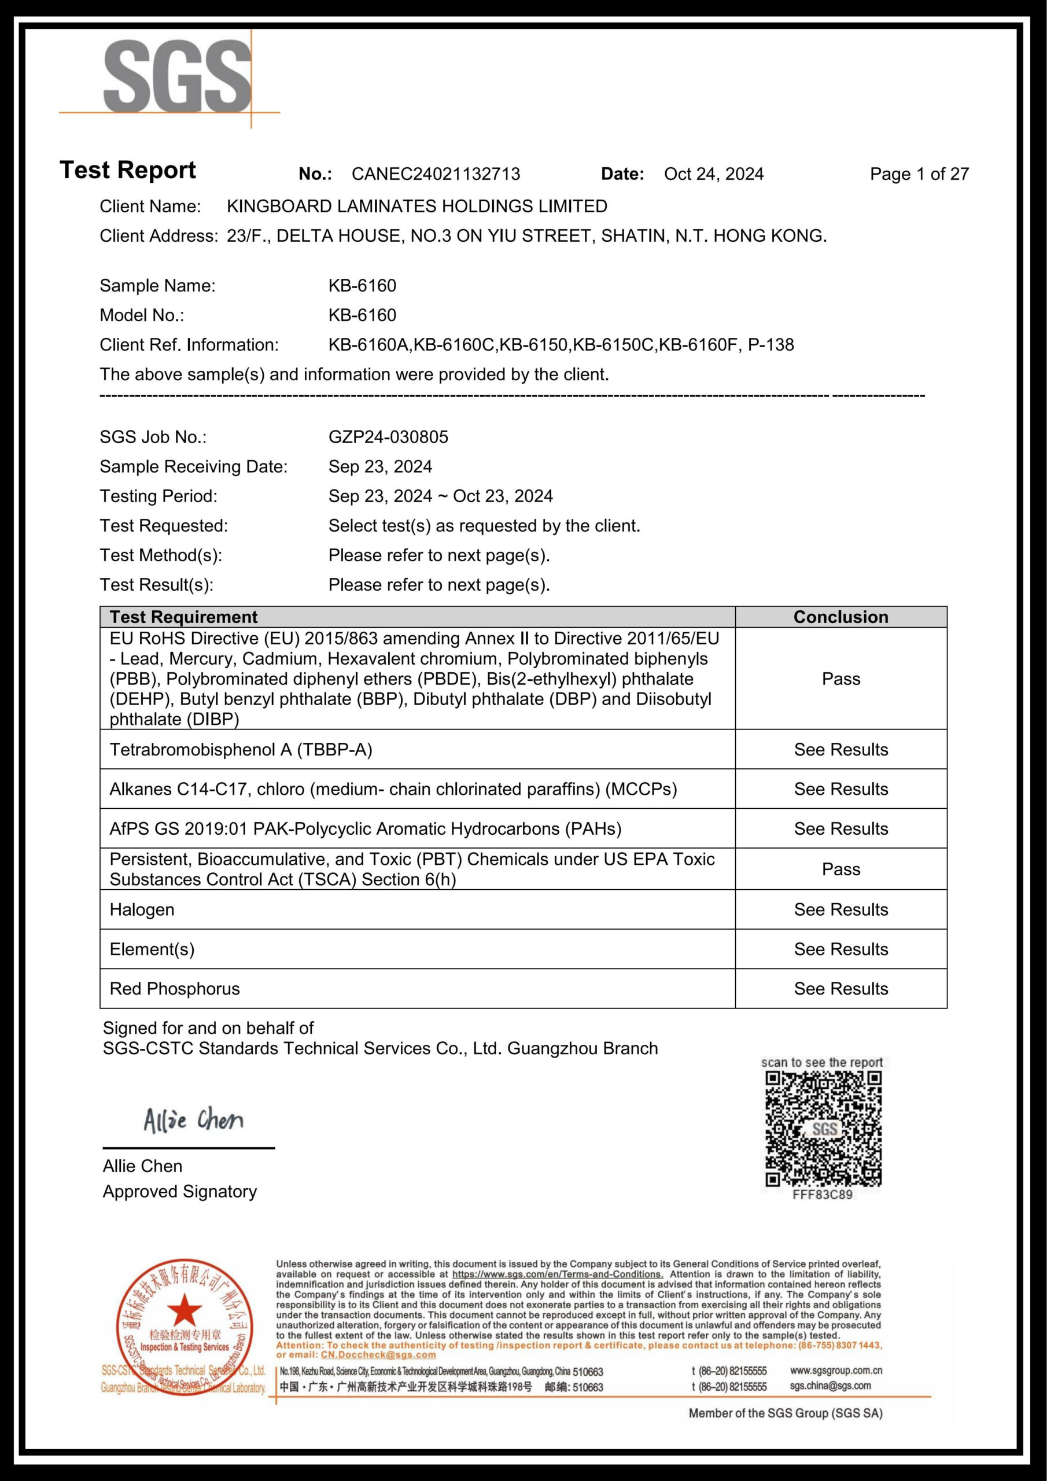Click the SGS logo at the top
pos(178,78)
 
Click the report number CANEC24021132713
pos(436,174)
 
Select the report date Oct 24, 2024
pos(713,174)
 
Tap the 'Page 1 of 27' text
pos(919,174)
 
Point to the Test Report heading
pos(128,170)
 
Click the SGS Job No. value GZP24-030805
pos(388,437)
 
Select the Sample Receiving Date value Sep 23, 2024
pos(380,466)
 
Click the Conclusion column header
pos(840,617)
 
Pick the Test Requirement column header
pos(183,617)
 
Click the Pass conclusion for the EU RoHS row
pos(840,679)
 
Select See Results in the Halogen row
pos(840,909)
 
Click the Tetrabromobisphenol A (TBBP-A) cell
pos(241,750)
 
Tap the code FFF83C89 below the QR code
pos(822,1195)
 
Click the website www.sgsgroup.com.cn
pos(835,1370)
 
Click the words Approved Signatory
pos(179,1191)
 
